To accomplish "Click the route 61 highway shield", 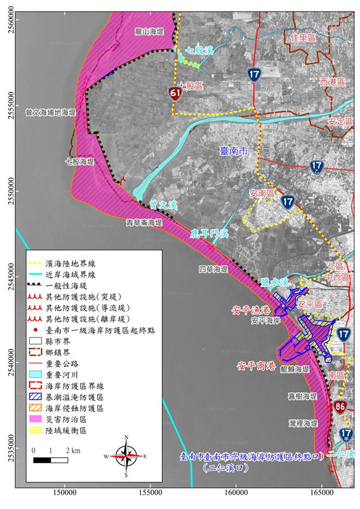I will click(x=175, y=94).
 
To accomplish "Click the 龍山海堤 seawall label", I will click(x=149, y=33).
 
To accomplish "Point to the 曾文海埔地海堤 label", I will click(x=50, y=113).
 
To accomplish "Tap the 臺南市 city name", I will click(x=234, y=151).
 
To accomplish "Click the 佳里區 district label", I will click(x=303, y=38).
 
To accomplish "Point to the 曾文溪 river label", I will click(x=164, y=205).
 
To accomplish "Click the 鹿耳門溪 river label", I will click(x=209, y=234).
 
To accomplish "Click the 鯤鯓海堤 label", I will click(x=295, y=369).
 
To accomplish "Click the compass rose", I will click(x=126, y=455).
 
